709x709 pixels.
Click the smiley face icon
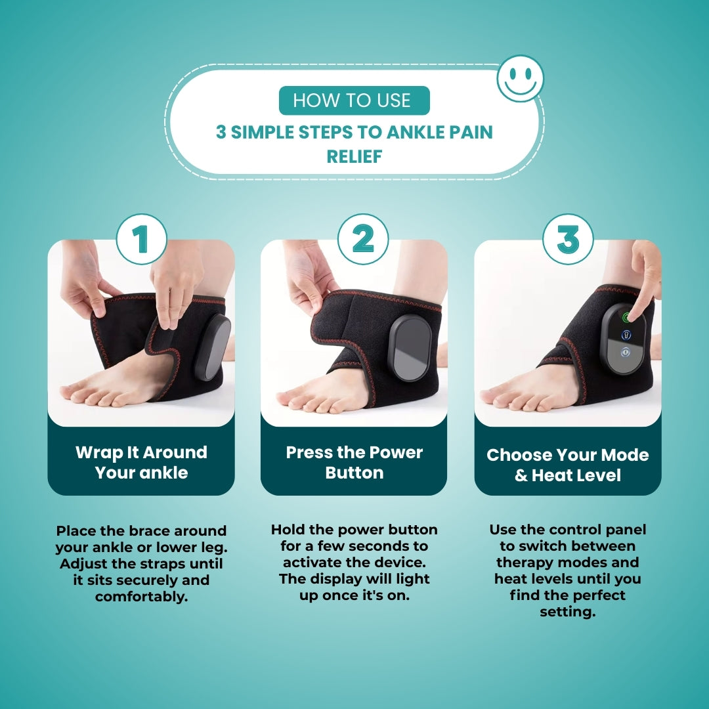click(521, 79)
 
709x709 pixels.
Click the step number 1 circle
click(141, 240)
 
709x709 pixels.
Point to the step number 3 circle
click(568, 240)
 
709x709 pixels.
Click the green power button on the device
click(626, 318)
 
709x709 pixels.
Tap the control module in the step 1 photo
click(213, 347)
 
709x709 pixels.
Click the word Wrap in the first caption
click(98, 452)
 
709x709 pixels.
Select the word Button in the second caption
click(354, 473)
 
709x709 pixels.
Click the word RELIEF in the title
click(354, 157)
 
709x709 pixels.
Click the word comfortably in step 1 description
click(141, 597)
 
